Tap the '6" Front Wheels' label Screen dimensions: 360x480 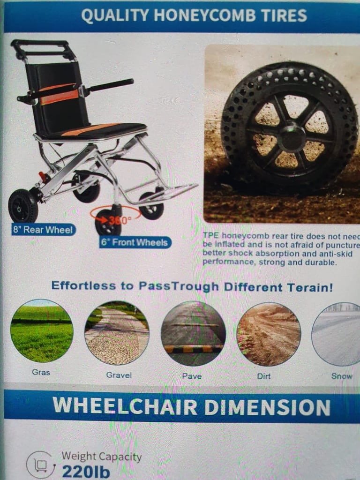(x=135, y=242)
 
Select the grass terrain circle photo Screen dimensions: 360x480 (x=42, y=331)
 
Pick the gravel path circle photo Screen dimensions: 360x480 (x=117, y=333)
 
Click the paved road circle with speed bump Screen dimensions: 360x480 (x=193, y=333)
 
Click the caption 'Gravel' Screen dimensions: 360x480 (x=119, y=375)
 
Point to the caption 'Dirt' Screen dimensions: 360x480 (x=263, y=376)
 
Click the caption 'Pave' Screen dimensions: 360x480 (x=192, y=376)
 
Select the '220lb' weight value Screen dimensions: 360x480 (x=86, y=472)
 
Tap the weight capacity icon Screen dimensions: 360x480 (x=41, y=465)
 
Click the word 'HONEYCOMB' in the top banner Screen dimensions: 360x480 (x=204, y=15)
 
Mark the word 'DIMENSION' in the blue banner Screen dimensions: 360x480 (x=267, y=407)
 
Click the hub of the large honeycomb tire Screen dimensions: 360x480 (x=292, y=136)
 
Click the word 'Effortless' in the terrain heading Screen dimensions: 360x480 (x=83, y=285)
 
